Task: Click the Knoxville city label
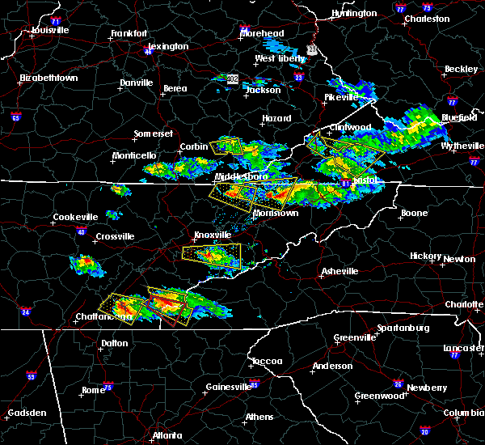point(212,235)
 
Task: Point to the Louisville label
point(50,30)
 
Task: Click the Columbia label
point(462,413)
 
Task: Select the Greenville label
point(356,337)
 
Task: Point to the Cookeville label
point(75,217)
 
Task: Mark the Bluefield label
point(460,118)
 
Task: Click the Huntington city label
point(354,14)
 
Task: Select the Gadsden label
point(27,413)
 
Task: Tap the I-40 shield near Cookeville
point(81,231)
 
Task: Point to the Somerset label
point(154,138)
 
